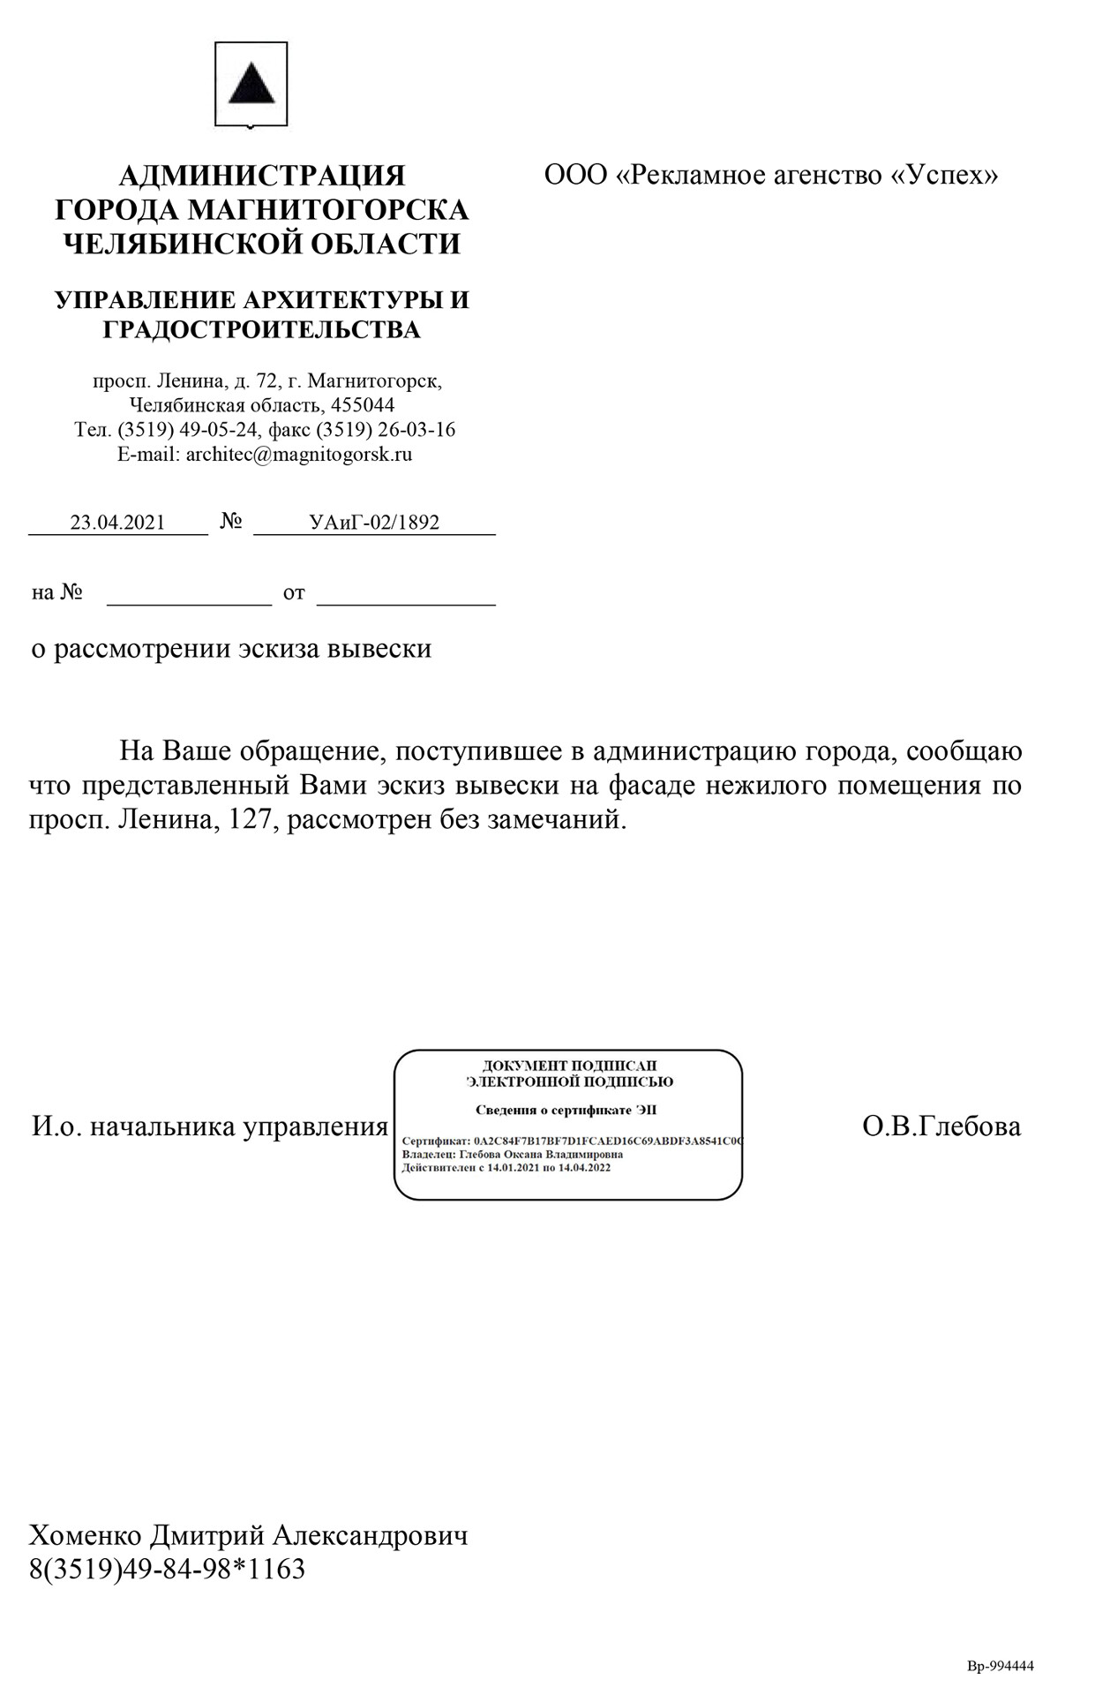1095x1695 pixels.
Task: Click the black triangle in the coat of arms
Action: pos(251,84)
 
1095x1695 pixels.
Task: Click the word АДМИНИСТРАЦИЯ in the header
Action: pos(261,176)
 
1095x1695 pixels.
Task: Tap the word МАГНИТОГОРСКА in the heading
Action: pos(328,210)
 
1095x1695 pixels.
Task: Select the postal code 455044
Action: pos(363,405)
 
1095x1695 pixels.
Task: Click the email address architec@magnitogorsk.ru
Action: pos(299,455)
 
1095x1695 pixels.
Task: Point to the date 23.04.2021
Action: pos(117,522)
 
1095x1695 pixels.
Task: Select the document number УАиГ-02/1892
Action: pos(374,522)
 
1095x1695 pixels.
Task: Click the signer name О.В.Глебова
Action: pos(941,1126)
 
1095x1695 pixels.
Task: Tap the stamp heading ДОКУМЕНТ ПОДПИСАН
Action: pos(569,1066)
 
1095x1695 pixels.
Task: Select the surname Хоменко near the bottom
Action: pos(85,1535)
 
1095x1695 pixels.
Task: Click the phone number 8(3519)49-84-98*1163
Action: pos(168,1569)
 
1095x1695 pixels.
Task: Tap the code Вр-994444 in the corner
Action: pos(1001,1666)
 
